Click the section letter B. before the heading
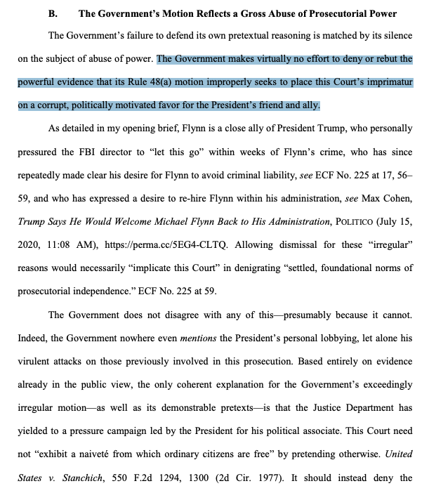pos(53,13)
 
